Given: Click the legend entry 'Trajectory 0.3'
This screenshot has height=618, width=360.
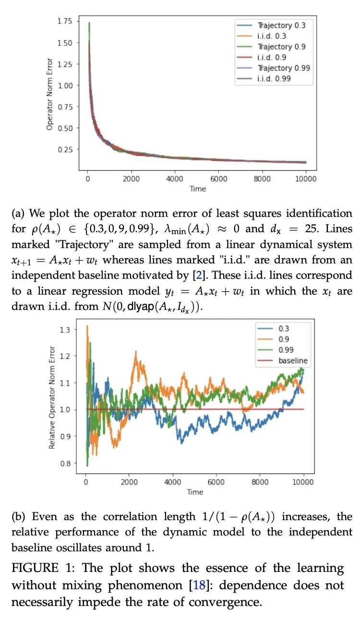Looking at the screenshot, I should point(281,25).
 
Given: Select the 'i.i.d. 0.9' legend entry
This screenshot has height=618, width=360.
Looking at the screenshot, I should point(275,58).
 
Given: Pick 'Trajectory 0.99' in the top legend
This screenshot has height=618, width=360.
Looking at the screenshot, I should point(284,68).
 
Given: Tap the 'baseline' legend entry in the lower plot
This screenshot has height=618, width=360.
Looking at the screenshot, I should point(293,360).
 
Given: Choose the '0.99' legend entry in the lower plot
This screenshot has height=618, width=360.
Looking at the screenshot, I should point(286,350).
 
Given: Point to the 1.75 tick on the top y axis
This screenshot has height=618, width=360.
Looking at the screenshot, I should point(64,21).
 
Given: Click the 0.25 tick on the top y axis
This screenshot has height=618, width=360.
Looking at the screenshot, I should point(64,149).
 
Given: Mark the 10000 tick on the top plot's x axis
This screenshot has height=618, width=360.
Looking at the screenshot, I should point(306,179).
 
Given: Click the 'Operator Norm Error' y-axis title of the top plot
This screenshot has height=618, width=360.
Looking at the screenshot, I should point(49,95).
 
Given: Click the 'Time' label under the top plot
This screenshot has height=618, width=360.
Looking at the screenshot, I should point(197,189).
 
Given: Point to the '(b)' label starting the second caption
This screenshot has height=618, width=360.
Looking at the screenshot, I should point(18,517).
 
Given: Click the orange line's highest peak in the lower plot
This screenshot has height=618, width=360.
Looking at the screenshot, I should point(87,326).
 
